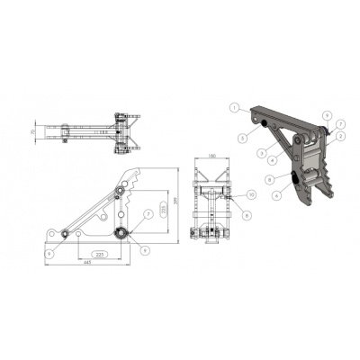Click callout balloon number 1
point(234,107)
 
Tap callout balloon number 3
point(260,153)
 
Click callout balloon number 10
point(251,194)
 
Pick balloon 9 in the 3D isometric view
point(327,115)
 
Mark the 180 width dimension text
point(211,157)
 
